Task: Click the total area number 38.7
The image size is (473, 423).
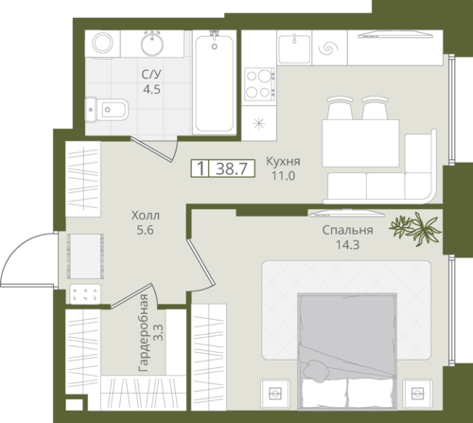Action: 232,168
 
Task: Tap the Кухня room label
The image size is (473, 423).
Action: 283,161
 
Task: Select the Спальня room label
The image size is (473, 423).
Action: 347,230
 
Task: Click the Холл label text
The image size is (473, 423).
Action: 146,216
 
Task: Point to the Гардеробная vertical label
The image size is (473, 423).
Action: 143,333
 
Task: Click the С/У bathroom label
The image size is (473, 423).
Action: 151,75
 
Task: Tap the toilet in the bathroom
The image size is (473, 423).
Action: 107,110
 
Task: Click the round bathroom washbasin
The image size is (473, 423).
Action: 152,44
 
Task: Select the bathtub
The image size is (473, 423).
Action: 215,82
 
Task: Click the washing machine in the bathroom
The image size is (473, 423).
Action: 102,44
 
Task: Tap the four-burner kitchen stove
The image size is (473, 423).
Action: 260,84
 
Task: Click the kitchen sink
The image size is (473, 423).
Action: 294,48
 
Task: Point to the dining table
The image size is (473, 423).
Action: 360,143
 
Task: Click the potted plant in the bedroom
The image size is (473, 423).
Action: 415,229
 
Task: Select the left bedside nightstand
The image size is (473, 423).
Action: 275,394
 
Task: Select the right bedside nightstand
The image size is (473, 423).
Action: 417,394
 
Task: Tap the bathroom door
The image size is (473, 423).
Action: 151,150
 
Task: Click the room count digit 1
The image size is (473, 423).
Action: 201,168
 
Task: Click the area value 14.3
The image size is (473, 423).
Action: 347,245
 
